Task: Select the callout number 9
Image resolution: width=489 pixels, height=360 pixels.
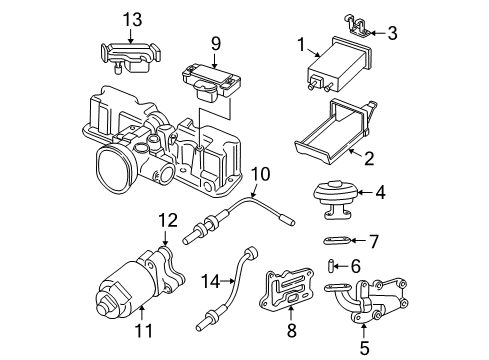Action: tap(214, 43)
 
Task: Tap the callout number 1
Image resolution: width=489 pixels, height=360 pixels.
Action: tap(299, 44)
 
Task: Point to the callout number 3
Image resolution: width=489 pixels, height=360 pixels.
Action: tap(393, 33)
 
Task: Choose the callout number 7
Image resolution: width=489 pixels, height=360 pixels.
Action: tap(374, 241)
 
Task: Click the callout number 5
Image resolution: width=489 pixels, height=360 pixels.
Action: tap(365, 347)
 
